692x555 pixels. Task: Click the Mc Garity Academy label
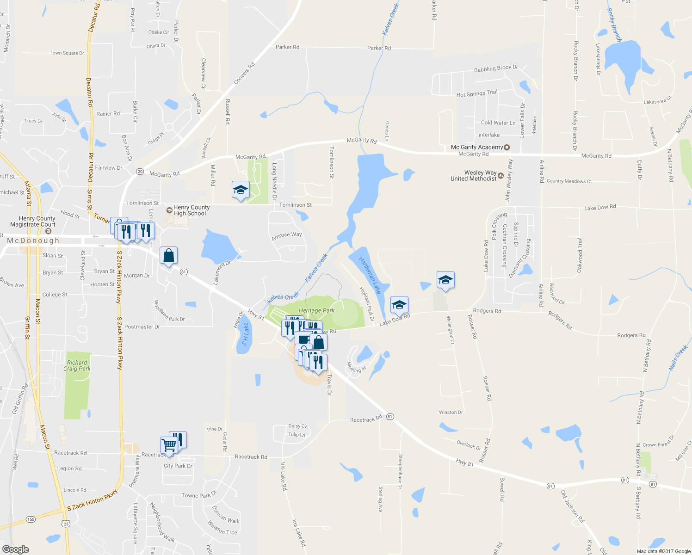[477, 147]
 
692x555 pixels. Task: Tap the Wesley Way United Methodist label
[474, 176]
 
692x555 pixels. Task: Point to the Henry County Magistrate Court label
[37, 222]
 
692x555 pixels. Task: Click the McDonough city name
[33, 240]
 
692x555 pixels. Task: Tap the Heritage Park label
[316, 310]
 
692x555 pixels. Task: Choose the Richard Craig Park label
[77, 366]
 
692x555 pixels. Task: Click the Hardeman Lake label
[370, 275]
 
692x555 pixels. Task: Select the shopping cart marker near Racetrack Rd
[169, 445]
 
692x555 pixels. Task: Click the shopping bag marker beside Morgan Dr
[168, 255]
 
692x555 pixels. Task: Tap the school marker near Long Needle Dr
[240, 190]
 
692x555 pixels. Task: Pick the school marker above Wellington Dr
[445, 280]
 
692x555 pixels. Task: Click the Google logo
[15, 549]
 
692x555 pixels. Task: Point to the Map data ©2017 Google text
[663, 551]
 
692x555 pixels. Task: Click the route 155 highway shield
[31, 519]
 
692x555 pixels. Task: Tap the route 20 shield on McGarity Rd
[140, 172]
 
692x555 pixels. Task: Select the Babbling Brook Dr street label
[496, 68]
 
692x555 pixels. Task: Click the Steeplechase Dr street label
[400, 469]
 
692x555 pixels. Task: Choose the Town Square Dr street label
[67, 53]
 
